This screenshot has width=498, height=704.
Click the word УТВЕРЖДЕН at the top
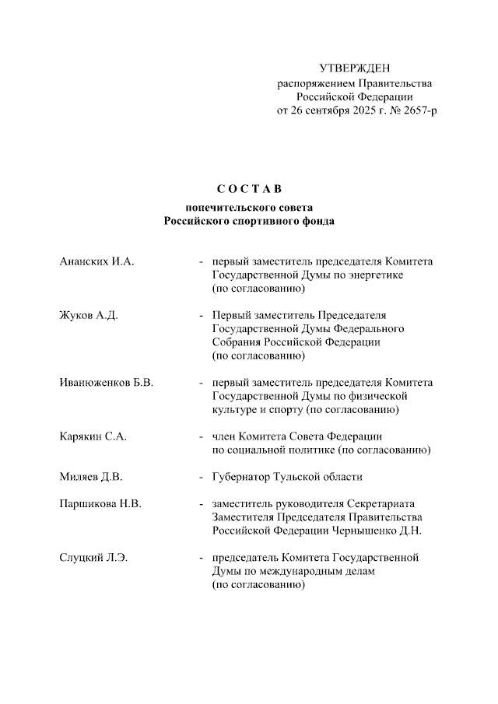(355, 69)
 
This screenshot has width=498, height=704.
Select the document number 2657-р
(416, 110)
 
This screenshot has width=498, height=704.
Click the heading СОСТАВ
(248, 189)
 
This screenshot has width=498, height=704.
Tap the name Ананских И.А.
(97, 261)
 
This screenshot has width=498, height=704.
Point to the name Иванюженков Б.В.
(106, 383)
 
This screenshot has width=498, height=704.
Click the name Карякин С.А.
(93, 436)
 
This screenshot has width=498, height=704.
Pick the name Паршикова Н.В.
(100, 504)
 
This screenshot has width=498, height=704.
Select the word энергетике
(377, 275)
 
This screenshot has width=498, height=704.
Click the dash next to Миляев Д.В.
(202, 477)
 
